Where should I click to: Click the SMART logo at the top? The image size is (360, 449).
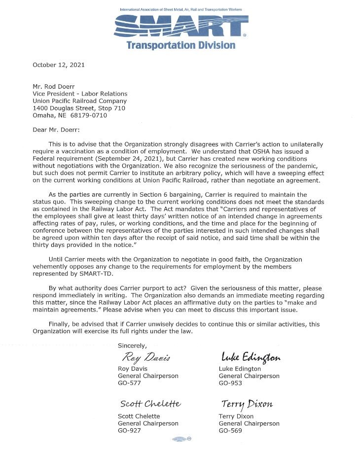[x=180, y=26]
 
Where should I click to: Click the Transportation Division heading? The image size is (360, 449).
[x=180, y=45]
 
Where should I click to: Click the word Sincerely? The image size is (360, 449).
[x=132, y=345]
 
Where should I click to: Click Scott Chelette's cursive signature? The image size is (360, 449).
[x=150, y=404]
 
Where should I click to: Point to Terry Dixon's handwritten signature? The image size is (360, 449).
[x=247, y=404]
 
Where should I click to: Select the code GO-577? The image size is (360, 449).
[x=130, y=383]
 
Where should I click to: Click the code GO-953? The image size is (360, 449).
[x=230, y=383]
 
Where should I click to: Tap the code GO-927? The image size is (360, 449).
[x=130, y=430]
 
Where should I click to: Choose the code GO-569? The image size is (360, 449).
[x=230, y=430]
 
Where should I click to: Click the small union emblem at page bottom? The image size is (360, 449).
[x=181, y=439]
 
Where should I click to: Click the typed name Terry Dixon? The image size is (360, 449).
[x=236, y=416]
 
